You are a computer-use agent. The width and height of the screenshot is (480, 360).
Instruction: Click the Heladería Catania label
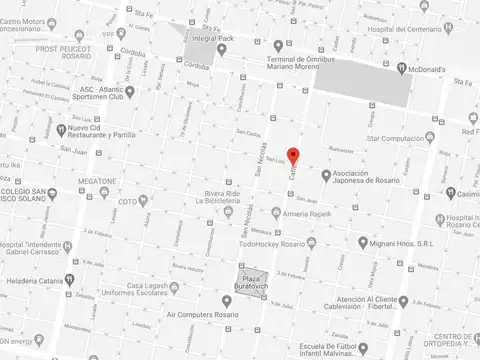33,280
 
